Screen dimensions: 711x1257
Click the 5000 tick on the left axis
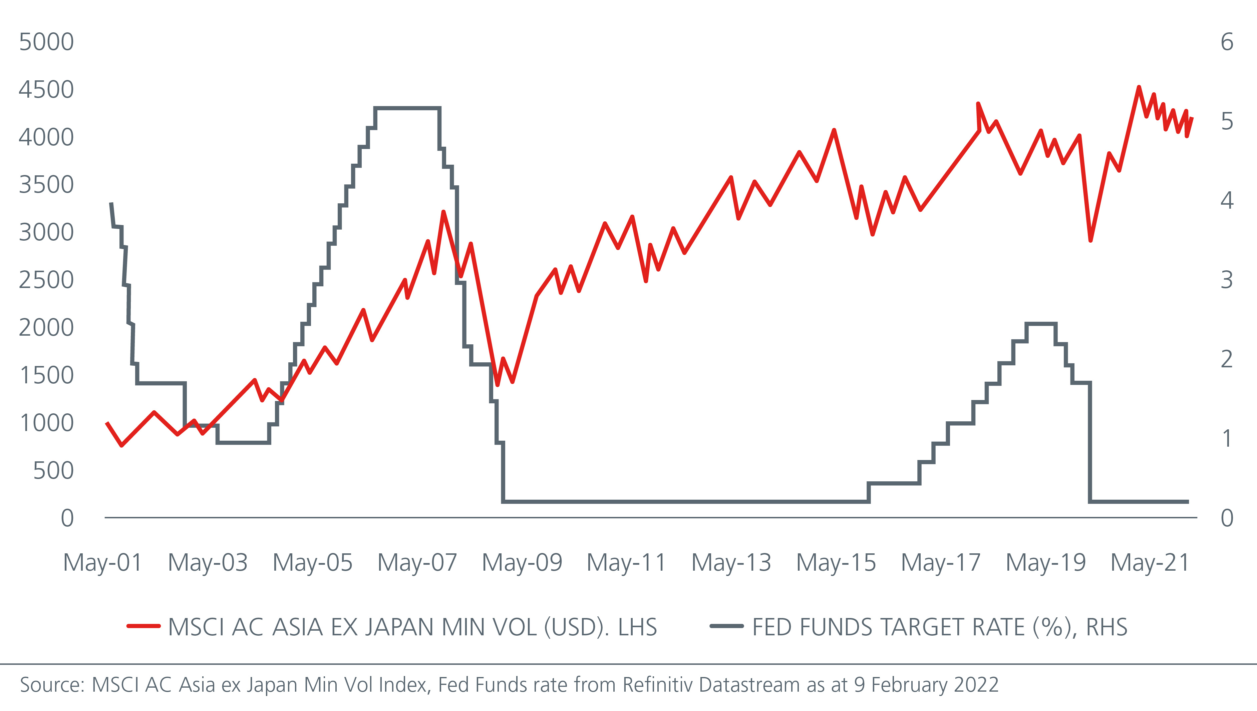pos(46,42)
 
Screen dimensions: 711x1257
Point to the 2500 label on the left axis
pos(46,280)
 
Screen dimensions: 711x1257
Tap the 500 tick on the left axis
pos(53,471)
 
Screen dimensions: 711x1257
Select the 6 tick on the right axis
pos(1227,42)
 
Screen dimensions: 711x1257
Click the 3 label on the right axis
pos(1227,280)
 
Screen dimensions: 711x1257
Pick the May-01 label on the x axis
pos(103,563)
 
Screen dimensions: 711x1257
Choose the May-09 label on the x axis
pos(522,563)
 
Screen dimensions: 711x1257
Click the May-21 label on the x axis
pos(1150,563)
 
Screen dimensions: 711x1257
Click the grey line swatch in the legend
pos(727,626)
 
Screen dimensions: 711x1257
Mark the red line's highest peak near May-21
pos(1139,87)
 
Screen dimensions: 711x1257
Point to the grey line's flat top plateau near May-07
pos(407,108)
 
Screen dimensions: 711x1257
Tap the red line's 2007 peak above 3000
pos(443,212)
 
